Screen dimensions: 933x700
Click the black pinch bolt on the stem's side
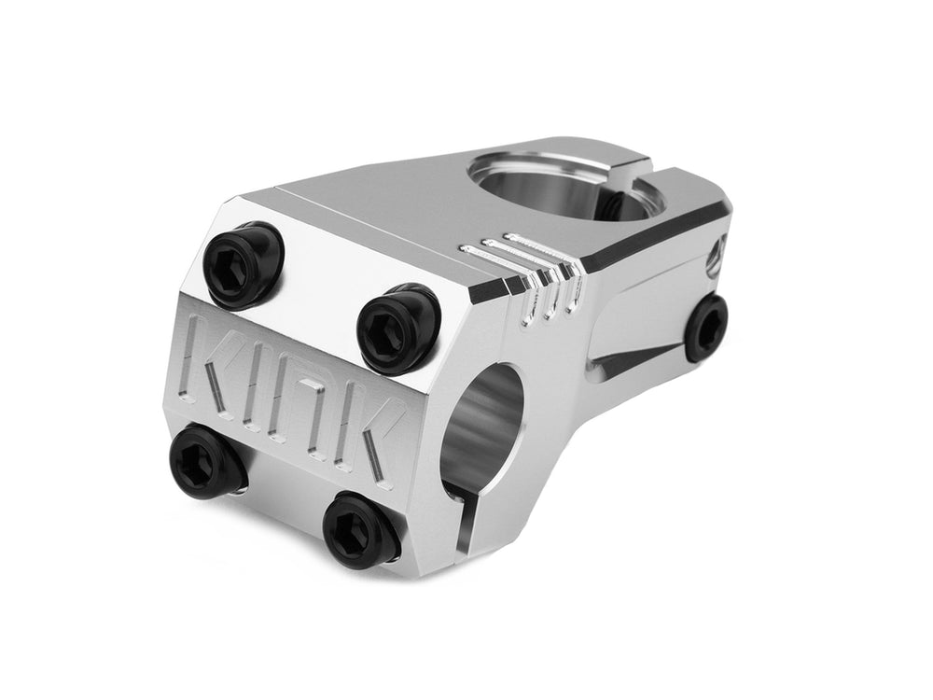(x=709, y=328)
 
